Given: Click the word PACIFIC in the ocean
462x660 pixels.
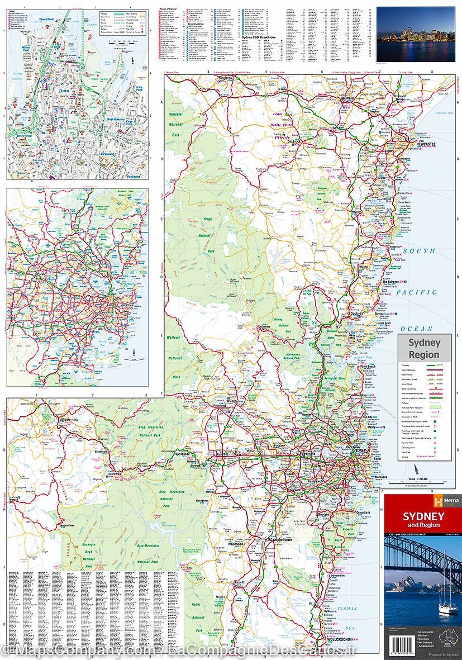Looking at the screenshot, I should pyautogui.click(x=416, y=292).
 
